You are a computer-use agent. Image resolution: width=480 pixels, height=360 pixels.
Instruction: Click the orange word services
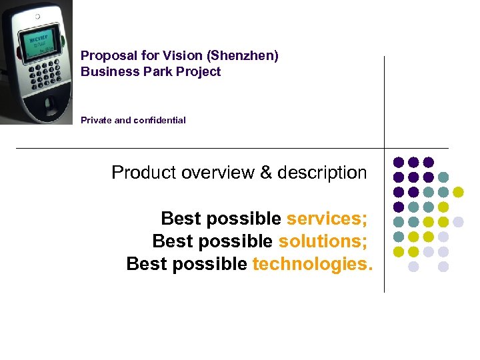[327, 219]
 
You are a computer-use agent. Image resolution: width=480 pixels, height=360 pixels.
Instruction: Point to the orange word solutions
[323, 241]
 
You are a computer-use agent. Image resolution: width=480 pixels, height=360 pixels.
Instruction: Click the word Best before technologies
[149, 264]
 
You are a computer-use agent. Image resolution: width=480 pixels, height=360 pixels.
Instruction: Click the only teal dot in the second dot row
[443, 177]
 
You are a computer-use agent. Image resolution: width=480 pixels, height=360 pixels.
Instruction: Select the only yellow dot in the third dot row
[458, 192]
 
